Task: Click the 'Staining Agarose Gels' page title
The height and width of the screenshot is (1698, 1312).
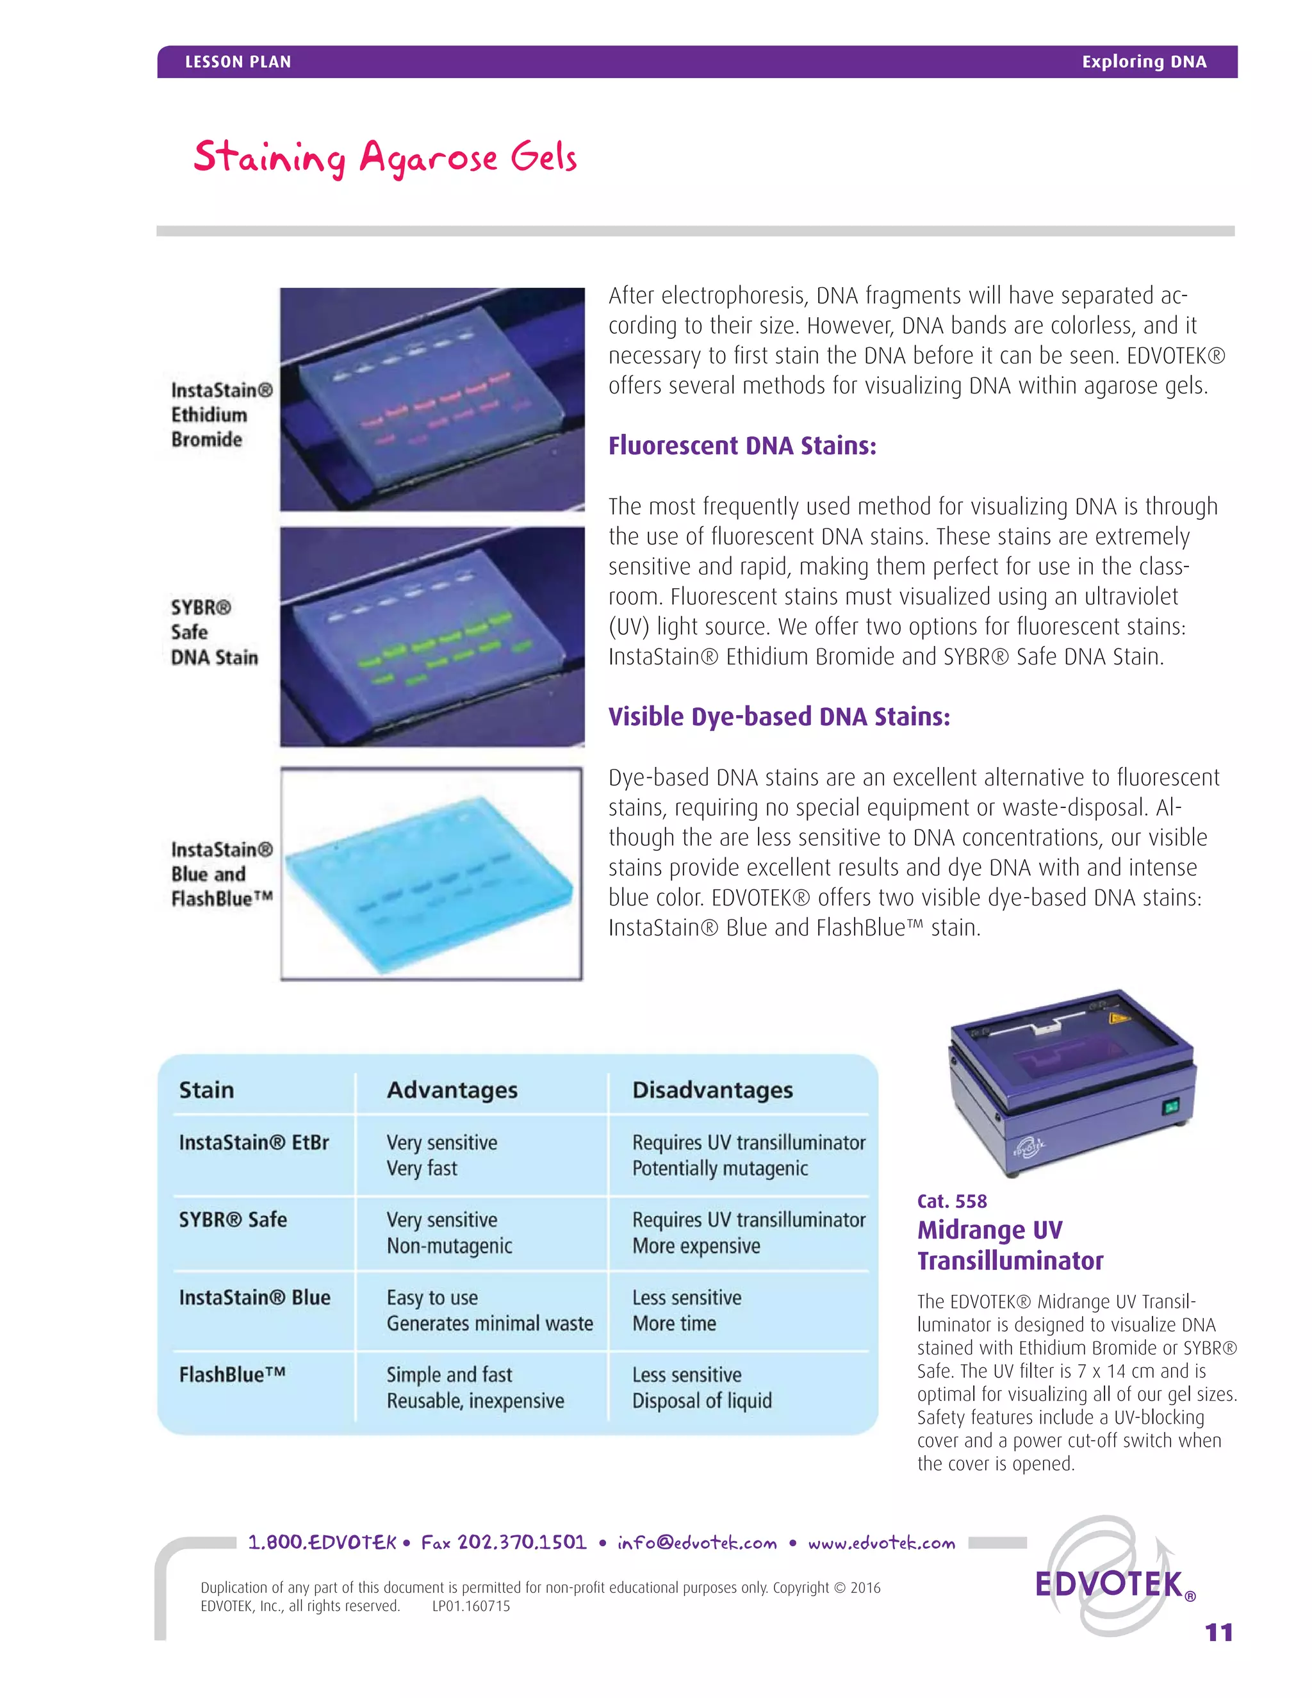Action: point(385,158)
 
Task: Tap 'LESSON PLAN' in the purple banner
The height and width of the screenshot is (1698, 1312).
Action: point(238,62)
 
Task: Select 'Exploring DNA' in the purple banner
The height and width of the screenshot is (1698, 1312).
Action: point(1144,62)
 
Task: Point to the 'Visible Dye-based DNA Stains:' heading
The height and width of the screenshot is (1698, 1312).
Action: point(779,716)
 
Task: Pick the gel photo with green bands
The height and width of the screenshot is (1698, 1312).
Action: point(432,637)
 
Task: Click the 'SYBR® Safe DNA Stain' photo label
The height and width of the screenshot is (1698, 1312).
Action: point(214,632)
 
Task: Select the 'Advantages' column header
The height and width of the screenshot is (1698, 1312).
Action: point(452,1090)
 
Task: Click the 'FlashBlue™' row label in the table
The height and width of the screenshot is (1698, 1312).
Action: point(232,1374)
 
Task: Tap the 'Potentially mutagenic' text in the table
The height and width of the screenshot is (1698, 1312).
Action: point(719,1169)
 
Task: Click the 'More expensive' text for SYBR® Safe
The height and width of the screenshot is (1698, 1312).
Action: point(696,1246)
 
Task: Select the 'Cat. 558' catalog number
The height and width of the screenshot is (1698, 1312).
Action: point(951,1201)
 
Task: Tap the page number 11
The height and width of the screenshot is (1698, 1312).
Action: point(1218,1632)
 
